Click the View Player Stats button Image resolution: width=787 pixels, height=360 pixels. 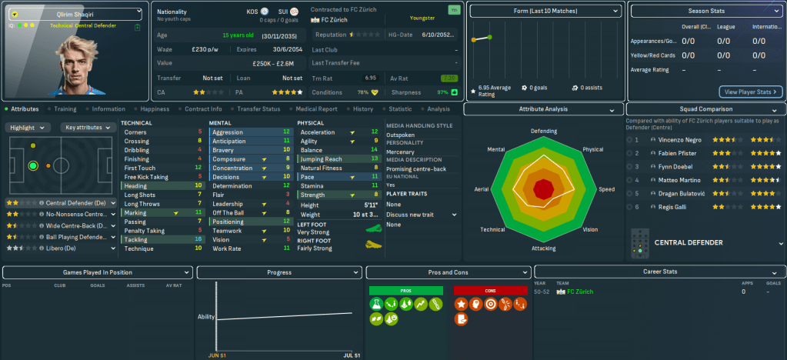click(750, 92)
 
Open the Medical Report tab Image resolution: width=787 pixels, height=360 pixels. click(316, 109)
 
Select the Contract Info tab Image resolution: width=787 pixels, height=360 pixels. click(203, 109)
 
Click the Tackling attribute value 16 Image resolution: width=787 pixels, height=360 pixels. click(199, 239)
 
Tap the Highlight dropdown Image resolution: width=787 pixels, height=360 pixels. click(29, 127)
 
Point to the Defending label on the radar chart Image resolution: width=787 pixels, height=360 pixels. click(543, 131)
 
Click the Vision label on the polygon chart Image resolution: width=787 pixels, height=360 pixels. click(590, 230)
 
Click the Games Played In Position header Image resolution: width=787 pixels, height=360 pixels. click(96, 272)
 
